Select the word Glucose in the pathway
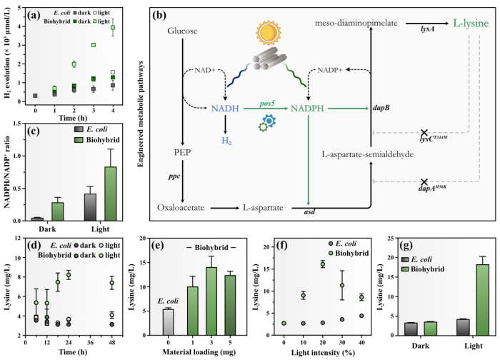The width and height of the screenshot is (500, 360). pos(181,32)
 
